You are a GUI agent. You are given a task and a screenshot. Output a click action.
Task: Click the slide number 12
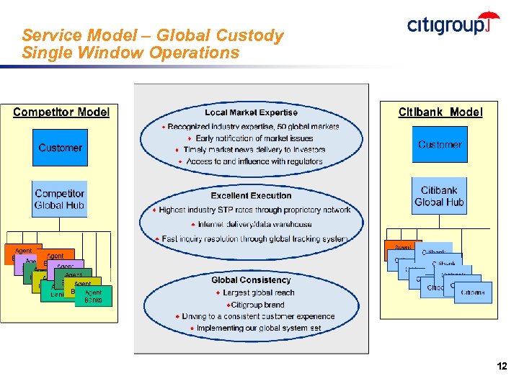coord(502,367)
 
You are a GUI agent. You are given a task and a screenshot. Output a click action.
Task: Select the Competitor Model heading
coord(61,112)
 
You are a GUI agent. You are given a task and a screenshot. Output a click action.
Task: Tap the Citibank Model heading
coord(440,112)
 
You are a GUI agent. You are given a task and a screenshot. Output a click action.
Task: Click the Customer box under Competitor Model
coord(60,148)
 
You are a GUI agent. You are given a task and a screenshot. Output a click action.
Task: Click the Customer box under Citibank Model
coord(440,145)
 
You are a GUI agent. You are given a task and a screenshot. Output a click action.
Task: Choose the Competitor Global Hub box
coord(60,200)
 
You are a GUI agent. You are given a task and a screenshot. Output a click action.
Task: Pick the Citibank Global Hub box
coord(439,197)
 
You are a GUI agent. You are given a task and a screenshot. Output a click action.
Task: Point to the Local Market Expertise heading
coord(251,112)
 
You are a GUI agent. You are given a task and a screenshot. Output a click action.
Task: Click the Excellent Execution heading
coord(251,196)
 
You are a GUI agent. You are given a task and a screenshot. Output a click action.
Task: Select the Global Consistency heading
coord(251,280)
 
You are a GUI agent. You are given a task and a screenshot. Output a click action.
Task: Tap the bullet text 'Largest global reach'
coord(259,292)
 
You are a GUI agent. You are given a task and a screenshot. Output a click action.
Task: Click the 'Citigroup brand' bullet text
coord(257,305)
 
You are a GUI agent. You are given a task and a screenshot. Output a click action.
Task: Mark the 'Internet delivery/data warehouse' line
coord(254,224)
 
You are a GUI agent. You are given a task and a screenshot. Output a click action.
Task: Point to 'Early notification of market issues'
coord(254,138)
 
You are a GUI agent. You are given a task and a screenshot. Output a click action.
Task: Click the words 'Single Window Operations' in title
coord(130,53)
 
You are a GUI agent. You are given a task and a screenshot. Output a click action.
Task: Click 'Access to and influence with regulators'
coord(254,161)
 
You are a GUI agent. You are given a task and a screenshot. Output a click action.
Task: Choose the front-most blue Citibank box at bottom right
coord(473,292)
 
